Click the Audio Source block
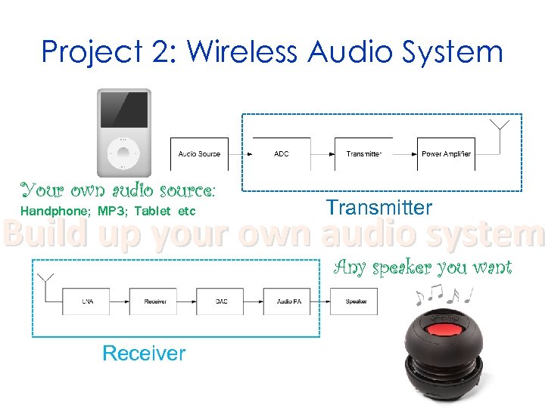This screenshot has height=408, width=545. (199, 154)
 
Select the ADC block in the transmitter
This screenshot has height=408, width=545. (282, 154)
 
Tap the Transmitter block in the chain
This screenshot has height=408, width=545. (364, 154)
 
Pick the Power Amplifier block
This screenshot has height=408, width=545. (446, 154)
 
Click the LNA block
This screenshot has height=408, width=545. (88, 301)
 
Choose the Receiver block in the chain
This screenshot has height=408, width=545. (154, 301)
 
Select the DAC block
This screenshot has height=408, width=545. (221, 301)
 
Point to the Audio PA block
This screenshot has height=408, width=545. (288, 301)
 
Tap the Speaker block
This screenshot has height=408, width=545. (356, 301)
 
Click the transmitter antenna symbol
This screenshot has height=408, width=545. (500, 127)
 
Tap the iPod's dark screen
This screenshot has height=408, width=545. (123, 110)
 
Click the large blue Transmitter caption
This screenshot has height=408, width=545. (378, 208)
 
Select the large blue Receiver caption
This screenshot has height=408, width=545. (144, 353)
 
